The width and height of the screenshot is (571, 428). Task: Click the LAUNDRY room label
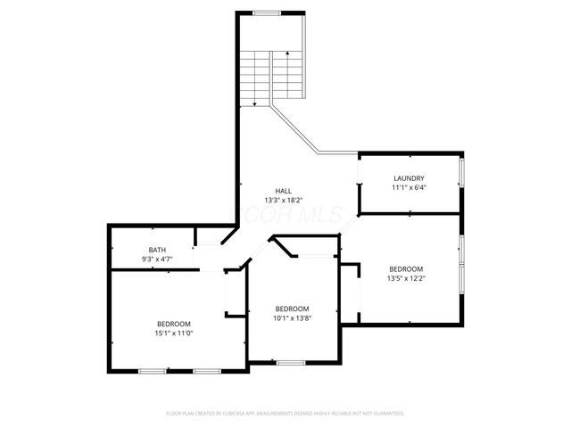coord(409,178)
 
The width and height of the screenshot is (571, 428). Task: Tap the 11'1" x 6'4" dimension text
coord(409,188)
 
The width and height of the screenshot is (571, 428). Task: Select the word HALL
coord(283,191)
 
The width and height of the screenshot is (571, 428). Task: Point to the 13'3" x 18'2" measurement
coord(283,201)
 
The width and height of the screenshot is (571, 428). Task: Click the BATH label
coord(157,250)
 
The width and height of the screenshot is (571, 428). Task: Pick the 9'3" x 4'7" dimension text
coord(157,259)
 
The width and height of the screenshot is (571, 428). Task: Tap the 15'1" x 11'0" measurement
coord(174,333)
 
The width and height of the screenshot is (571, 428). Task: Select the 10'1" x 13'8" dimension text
coord(292,318)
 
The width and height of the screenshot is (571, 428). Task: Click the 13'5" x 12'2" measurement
coord(406,278)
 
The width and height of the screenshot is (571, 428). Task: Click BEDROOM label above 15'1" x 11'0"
coord(174,323)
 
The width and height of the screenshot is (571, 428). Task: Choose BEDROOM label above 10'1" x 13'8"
coord(292,309)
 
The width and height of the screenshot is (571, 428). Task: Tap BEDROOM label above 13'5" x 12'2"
coord(406,268)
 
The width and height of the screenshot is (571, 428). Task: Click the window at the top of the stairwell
coord(265,13)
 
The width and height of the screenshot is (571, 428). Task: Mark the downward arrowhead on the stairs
coord(255,104)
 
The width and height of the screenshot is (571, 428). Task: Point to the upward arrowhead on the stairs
coord(287,54)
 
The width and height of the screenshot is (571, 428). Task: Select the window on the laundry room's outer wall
coord(461,174)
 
